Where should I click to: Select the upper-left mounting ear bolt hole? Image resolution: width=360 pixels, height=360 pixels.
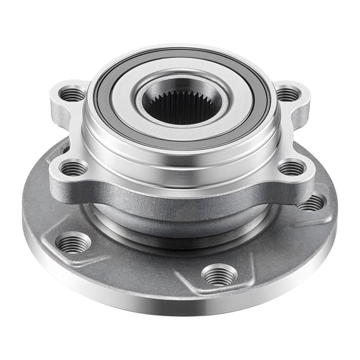coord(72,94)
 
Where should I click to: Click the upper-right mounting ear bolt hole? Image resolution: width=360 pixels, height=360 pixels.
coord(287,94)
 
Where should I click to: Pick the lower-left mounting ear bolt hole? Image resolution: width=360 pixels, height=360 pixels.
coord(74,167)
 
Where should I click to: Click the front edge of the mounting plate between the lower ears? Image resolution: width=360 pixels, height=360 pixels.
coord(181,197)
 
